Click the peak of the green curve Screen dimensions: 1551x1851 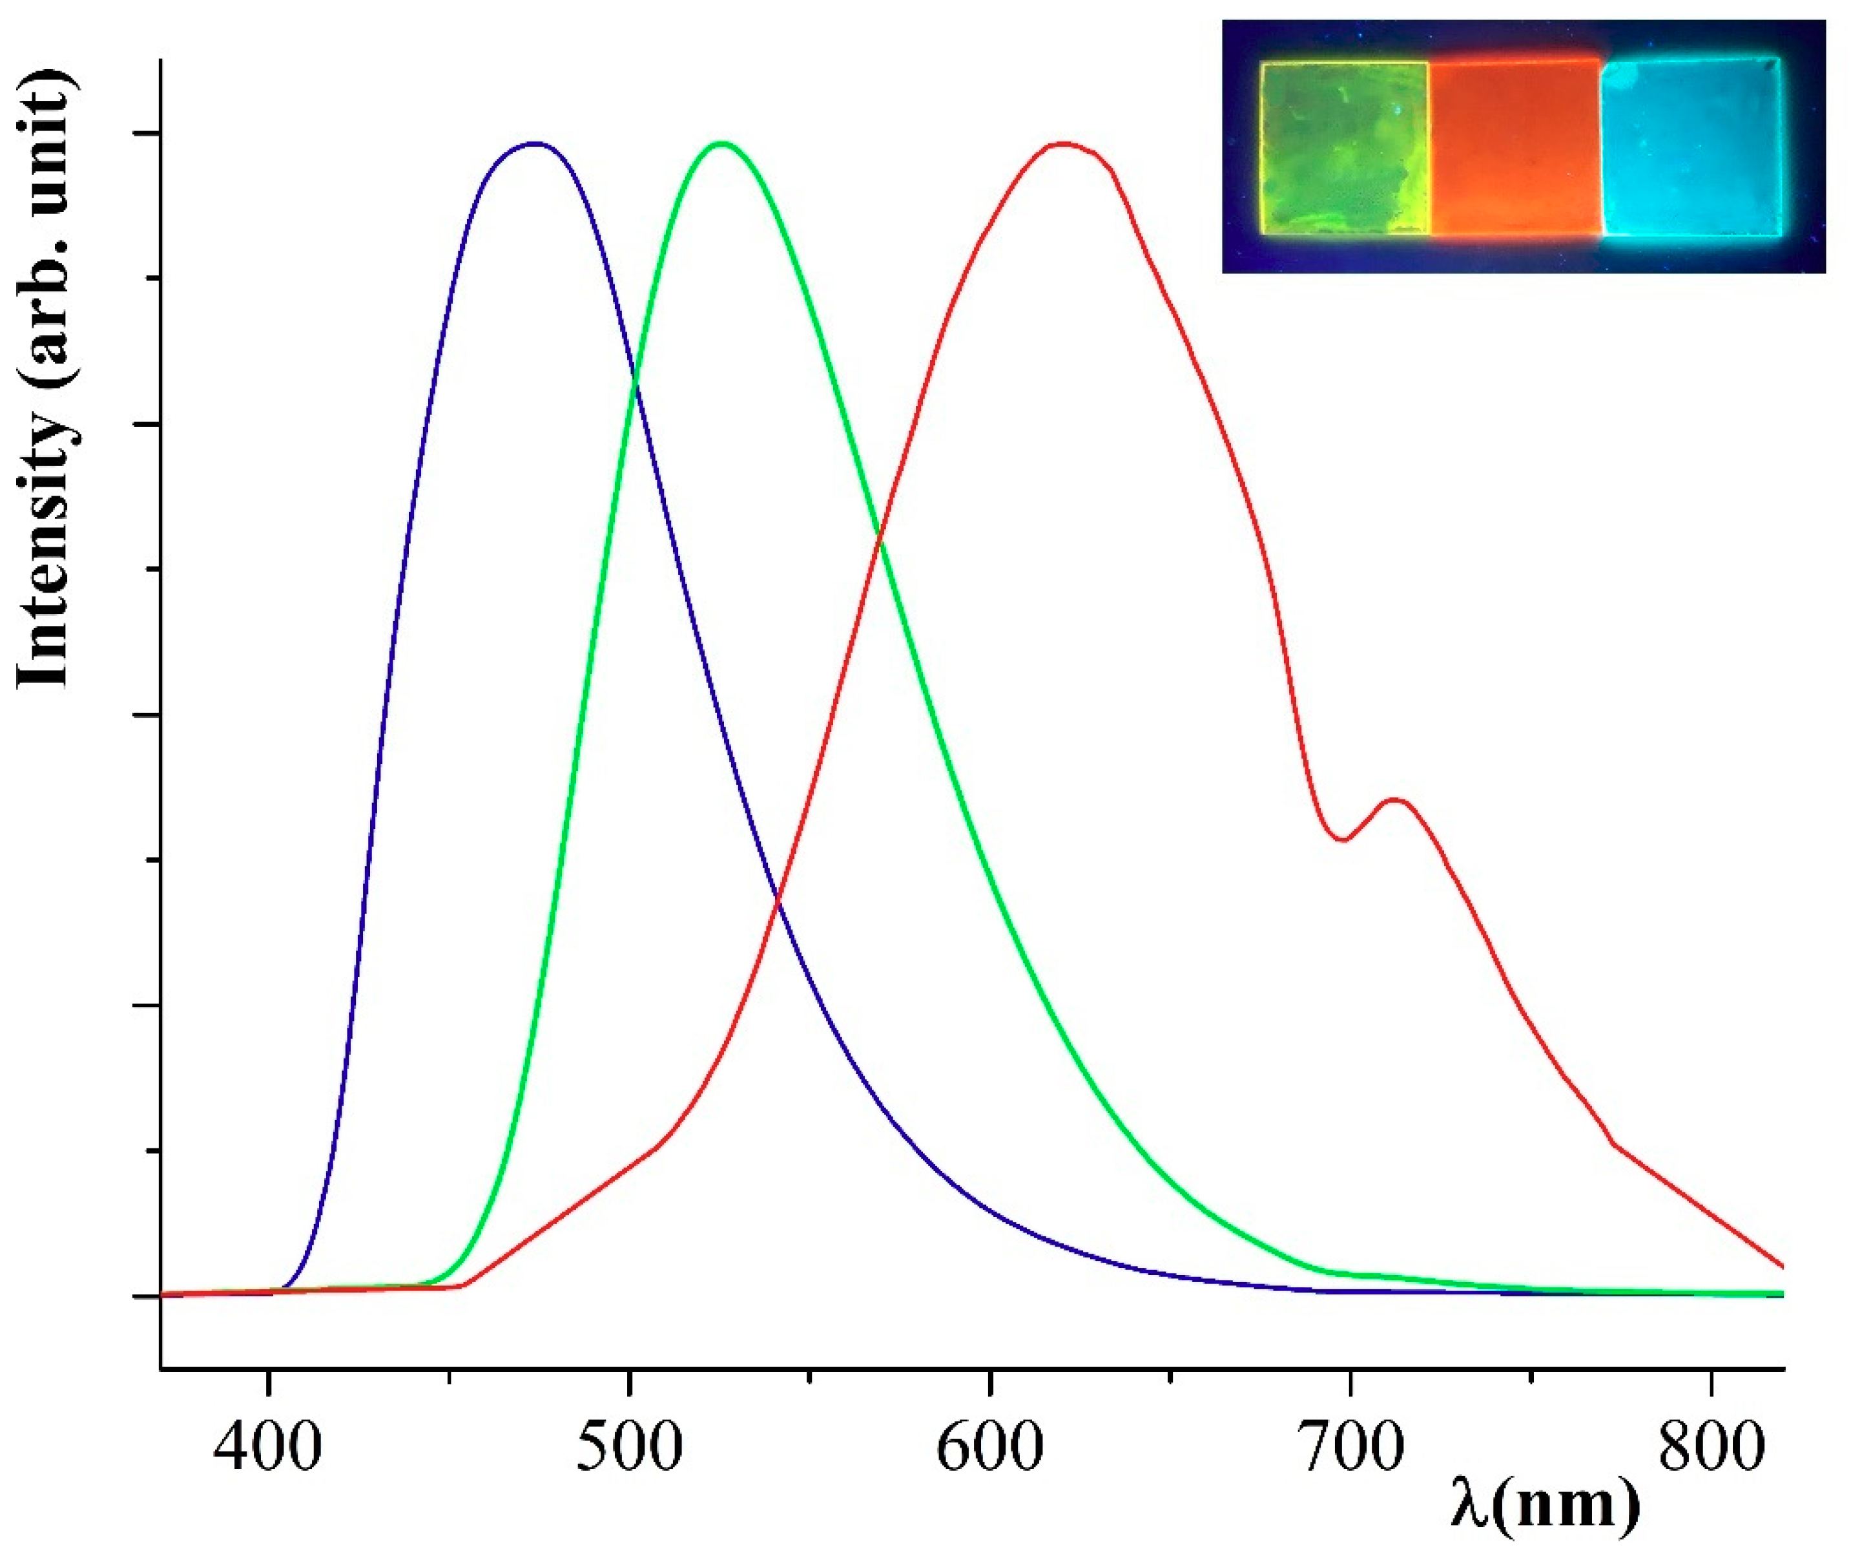click(722, 143)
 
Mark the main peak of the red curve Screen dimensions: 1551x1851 click(1064, 143)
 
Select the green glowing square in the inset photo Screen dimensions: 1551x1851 click(1343, 148)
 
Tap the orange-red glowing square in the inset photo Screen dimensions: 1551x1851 click(1513, 148)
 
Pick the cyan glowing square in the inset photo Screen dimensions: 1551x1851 click(1690, 148)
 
